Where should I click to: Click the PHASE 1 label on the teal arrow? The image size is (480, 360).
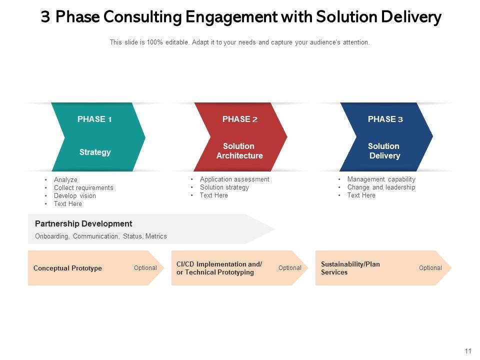coord(94,119)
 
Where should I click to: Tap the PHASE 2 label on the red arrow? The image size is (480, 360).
coord(240,119)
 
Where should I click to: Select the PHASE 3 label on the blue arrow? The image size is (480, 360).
coord(385,119)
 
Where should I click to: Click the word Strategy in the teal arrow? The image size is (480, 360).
coord(95,152)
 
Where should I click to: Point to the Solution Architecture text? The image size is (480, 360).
coord(239,151)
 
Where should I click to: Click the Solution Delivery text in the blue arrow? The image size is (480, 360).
coord(384,151)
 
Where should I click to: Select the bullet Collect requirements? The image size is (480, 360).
coord(83,188)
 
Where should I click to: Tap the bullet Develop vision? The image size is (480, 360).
coord(75,196)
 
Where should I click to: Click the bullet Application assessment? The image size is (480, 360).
coord(234,179)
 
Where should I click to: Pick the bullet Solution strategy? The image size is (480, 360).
coord(224,187)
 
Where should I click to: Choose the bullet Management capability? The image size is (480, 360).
coord(381,179)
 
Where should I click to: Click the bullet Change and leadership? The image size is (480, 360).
coord(381,187)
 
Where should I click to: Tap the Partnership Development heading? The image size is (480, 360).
coord(83,224)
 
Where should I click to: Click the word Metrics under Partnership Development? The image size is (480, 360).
coord(156,236)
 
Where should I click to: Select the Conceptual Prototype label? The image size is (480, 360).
coord(67,268)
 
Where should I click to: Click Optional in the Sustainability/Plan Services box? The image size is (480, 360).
coord(430,268)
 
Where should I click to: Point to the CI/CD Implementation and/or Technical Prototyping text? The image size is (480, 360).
coord(219,268)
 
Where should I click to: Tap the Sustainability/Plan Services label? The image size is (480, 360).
coord(350,268)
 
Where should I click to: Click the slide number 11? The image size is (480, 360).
coord(468,351)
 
